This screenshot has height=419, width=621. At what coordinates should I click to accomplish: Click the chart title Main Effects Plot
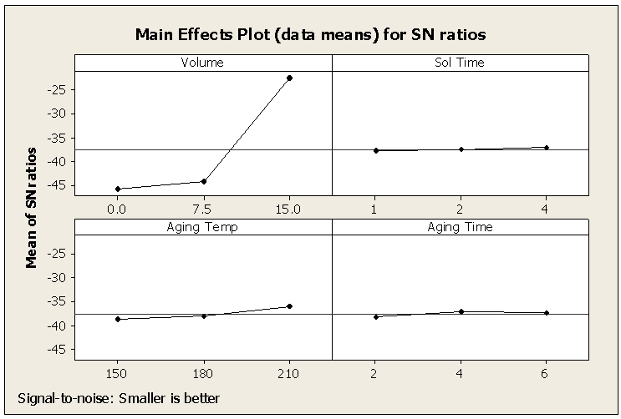[x=311, y=35]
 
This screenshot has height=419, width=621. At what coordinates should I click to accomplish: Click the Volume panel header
[x=203, y=63]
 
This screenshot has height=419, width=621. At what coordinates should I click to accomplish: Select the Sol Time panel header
[x=460, y=63]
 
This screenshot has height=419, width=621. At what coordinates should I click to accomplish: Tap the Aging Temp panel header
[x=203, y=226]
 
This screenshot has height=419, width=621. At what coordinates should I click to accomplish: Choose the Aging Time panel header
[x=460, y=226]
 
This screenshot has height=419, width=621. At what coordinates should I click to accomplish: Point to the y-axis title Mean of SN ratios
[x=32, y=207]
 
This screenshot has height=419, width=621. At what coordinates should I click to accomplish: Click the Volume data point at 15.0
[x=289, y=78]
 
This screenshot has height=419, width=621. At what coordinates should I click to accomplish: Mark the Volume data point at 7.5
[x=204, y=181]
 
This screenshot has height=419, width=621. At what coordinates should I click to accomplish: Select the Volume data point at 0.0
[x=118, y=189]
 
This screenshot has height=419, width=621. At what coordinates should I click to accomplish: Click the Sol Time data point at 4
[x=547, y=147]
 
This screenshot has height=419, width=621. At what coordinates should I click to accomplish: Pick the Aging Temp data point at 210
[x=289, y=306]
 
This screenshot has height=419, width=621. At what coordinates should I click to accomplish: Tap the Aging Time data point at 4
[x=461, y=311]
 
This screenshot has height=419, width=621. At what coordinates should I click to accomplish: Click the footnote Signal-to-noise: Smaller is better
[x=118, y=399]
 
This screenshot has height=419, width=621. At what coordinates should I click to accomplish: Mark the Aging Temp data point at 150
[x=118, y=319]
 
